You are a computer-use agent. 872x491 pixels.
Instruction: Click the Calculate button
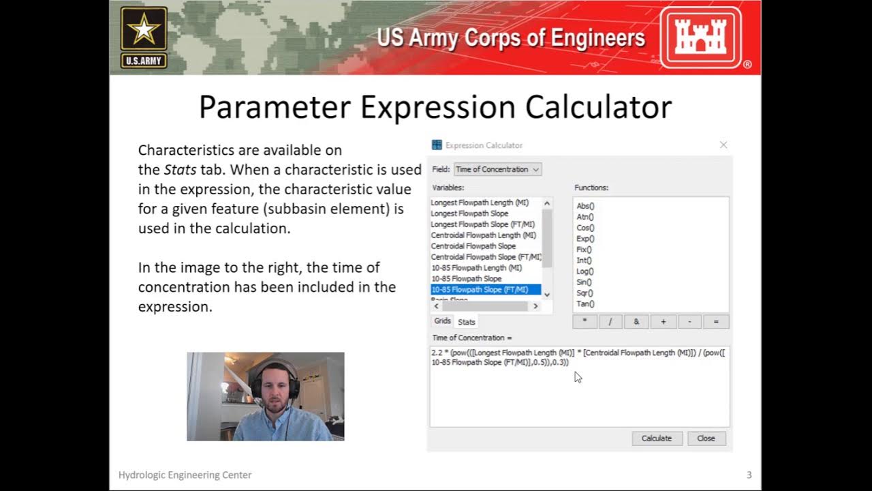(x=657, y=438)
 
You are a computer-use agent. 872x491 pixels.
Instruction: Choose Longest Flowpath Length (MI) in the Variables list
(x=480, y=203)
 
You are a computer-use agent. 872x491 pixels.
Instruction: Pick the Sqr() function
(x=585, y=293)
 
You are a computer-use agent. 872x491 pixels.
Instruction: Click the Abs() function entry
(x=585, y=206)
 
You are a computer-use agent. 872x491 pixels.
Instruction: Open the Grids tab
(x=443, y=321)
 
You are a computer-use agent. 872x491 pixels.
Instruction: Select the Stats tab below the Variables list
(x=467, y=322)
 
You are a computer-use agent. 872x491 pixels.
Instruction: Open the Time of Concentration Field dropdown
(x=497, y=169)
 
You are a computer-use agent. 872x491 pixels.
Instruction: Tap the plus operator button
(x=664, y=322)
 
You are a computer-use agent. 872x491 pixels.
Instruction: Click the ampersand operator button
(x=637, y=322)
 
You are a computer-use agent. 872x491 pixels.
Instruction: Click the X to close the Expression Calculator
(x=723, y=145)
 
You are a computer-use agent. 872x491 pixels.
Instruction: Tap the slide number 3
(x=749, y=475)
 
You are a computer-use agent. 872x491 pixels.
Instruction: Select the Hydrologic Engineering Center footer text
(x=185, y=475)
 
